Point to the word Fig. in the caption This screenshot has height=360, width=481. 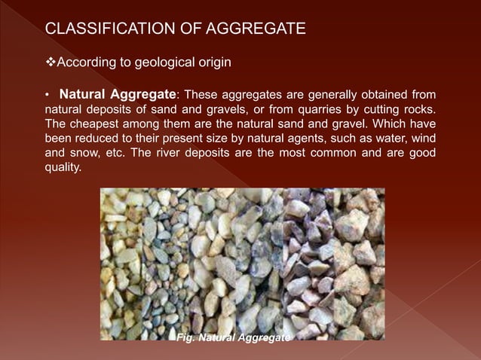[185, 338]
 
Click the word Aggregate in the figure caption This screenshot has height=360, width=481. [264, 338]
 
